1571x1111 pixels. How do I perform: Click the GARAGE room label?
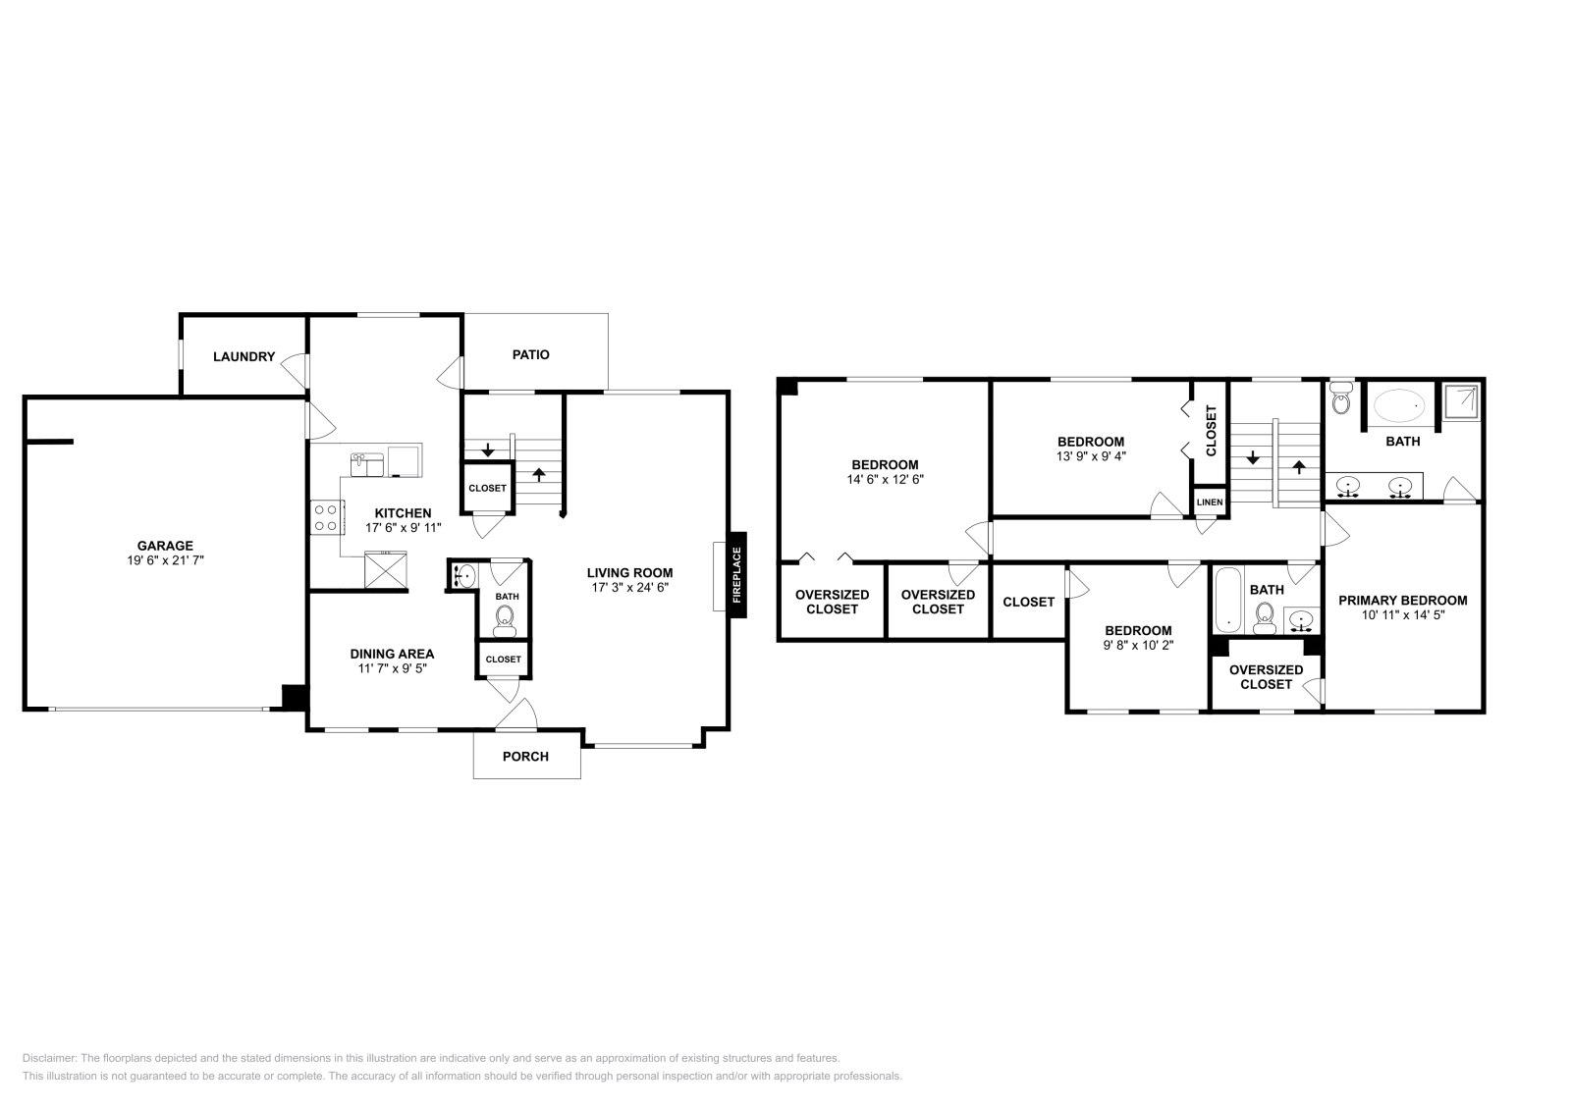[x=165, y=546]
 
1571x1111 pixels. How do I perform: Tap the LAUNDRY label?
[x=244, y=357]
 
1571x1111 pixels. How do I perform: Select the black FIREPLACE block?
[x=736, y=575]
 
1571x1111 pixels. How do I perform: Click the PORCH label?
[x=525, y=757]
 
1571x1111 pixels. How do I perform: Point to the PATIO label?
[x=531, y=354]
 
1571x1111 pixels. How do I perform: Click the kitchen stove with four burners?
[x=327, y=517]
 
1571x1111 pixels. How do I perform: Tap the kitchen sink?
[x=367, y=465]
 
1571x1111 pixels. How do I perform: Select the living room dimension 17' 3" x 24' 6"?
[x=629, y=587]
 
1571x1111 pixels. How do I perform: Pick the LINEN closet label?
[x=1210, y=502]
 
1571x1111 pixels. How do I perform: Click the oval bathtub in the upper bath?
[x=1399, y=406]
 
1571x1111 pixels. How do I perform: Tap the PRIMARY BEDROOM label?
[x=1403, y=600]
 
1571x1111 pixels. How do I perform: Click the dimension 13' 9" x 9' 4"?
[x=1091, y=456]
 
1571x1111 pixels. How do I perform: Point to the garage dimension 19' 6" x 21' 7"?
[x=166, y=560]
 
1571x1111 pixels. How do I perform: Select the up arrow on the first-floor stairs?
[x=539, y=475]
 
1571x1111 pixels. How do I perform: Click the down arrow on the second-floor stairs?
[x=1253, y=457]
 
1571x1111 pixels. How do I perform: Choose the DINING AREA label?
[x=392, y=654]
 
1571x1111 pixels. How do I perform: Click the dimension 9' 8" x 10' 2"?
[x=1138, y=645]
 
